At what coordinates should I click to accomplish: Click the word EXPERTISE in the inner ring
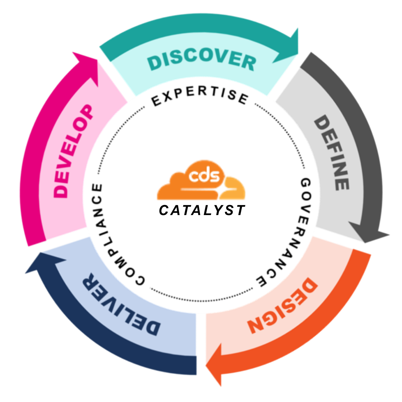tap(200, 96)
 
